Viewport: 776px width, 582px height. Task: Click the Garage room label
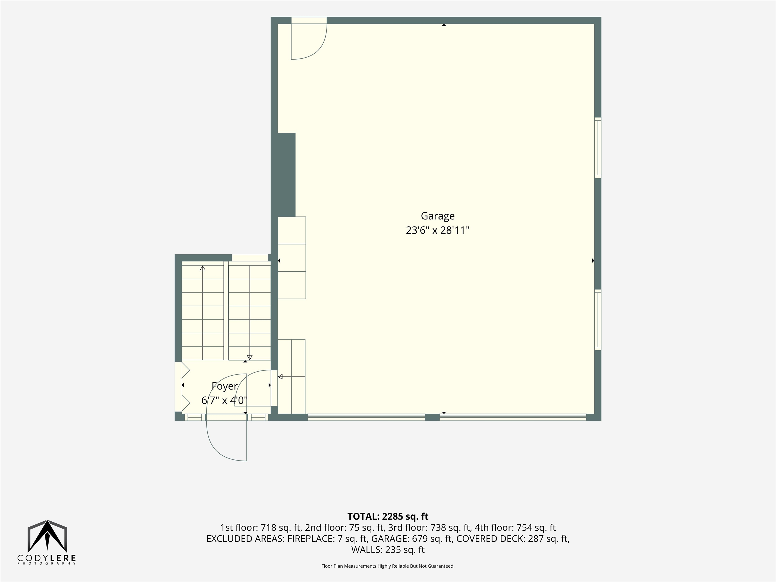click(x=438, y=216)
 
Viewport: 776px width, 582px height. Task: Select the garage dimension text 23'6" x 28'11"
click(x=438, y=230)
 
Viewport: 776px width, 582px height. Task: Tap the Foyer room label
click(x=225, y=386)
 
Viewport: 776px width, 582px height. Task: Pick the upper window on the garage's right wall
click(x=597, y=148)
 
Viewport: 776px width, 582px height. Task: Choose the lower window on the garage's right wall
click(x=597, y=320)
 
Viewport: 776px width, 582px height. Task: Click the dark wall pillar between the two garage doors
click(x=432, y=417)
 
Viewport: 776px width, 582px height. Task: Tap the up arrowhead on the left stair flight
click(x=202, y=268)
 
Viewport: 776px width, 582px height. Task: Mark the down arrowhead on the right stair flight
click(x=249, y=357)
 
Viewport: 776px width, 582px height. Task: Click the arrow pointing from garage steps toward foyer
click(x=291, y=377)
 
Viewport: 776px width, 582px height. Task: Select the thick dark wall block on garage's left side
click(x=287, y=175)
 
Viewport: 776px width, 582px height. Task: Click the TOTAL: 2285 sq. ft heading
click(x=388, y=516)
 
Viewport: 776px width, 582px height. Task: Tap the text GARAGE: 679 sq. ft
click(x=411, y=539)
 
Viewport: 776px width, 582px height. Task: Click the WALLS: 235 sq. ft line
click(x=388, y=550)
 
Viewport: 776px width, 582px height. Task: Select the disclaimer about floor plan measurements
click(x=388, y=566)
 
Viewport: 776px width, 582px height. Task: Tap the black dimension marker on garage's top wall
click(x=444, y=25)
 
